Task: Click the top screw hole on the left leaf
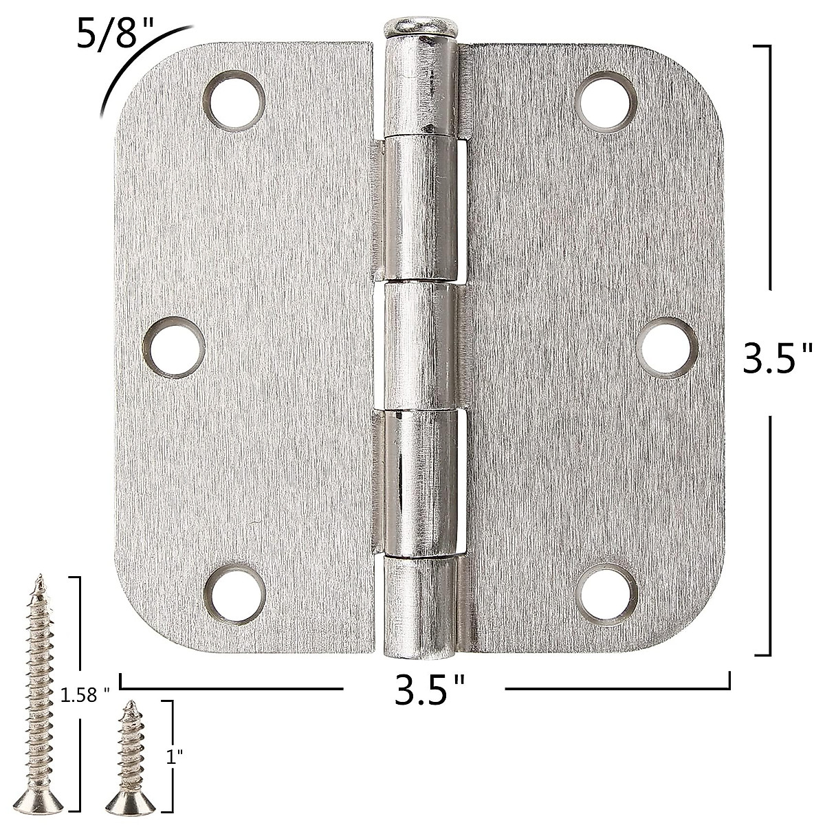tap(234, 100)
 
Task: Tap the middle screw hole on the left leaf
tap(173, 346)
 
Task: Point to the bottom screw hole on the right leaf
tap(606, 595)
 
